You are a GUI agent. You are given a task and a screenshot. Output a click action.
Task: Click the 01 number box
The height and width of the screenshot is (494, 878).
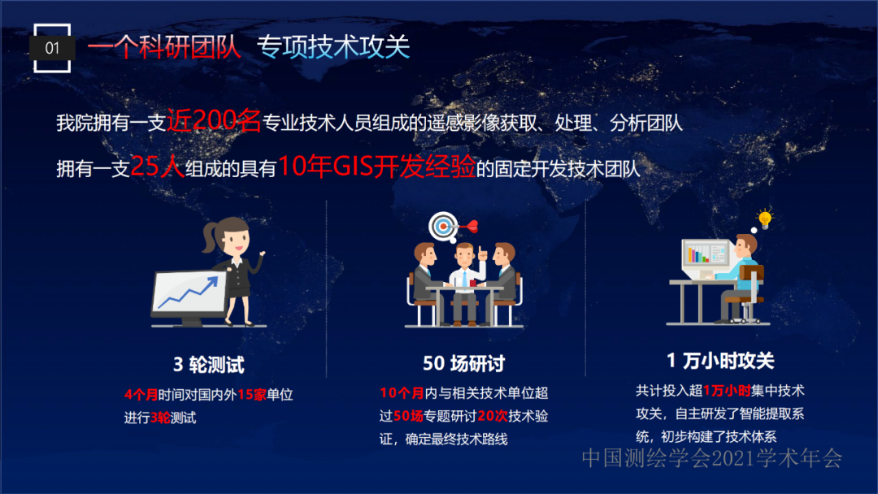coord(52,48)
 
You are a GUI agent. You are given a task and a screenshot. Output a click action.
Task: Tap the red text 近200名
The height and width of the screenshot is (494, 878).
coord(214,120)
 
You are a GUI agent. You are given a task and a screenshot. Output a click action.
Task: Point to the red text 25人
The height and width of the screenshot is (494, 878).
coord(158,167)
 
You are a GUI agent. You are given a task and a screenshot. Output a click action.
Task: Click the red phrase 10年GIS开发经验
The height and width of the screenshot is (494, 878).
coord(376,166)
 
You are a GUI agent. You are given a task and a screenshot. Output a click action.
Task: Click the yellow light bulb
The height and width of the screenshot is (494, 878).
coord(765,219)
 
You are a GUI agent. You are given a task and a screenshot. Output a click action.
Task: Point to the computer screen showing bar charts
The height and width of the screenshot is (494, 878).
coord(706,255)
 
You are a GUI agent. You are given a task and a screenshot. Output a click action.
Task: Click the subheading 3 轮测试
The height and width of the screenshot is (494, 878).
coord(209,365)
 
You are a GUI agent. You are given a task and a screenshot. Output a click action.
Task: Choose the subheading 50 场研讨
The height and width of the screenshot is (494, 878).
coord(463,364)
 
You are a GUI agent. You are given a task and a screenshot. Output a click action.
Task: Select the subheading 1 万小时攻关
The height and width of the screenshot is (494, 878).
coord(720,361)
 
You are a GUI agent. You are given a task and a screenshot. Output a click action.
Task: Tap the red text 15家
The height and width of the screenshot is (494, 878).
coord(252,395)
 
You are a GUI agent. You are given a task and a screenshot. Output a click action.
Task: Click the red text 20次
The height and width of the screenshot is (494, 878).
coord(493,416)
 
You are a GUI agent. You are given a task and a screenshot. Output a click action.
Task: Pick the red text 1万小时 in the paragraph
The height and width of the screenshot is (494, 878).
coord(727,391)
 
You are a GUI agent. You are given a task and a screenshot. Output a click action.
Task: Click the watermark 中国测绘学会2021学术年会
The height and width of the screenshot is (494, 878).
coord(712,458)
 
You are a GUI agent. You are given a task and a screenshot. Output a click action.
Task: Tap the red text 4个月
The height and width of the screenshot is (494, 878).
coord(141,395)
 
